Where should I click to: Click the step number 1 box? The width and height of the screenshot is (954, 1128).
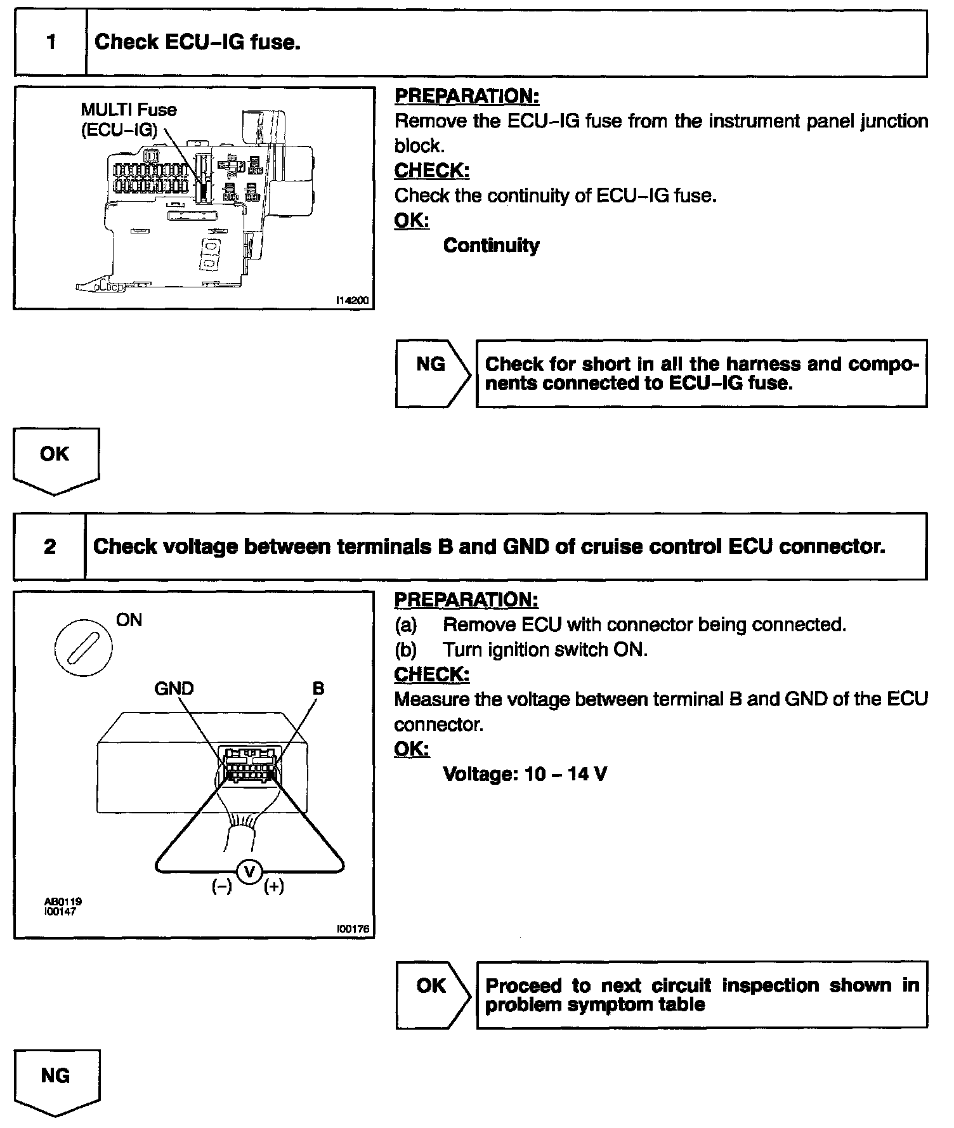[51, 43]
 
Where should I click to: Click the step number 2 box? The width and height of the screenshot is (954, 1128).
[49, 547]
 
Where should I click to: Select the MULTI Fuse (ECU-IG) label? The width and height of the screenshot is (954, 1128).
[128, 119]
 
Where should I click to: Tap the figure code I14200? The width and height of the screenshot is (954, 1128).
[352, 300]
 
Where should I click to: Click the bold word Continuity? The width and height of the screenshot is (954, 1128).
[491, 246]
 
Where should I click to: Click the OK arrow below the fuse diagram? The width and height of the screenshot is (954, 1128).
[56, 458]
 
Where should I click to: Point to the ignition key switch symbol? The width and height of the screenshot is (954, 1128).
[83, 648]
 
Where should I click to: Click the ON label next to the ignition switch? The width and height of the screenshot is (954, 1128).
[129, 620]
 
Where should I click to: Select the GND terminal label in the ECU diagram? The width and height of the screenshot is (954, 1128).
[174, 688]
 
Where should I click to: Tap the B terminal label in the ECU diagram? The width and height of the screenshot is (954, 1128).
[318, 688]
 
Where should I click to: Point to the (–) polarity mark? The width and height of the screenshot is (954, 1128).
[221, 887]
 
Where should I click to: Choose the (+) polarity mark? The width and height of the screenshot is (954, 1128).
[274, 887]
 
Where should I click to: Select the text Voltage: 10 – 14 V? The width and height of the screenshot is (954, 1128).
[525, 774]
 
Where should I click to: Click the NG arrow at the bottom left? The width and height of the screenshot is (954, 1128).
[56, 1080]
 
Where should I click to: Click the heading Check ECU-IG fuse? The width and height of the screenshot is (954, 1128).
[197, 43]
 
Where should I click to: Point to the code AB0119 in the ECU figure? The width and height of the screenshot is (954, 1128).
[63, 902]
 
